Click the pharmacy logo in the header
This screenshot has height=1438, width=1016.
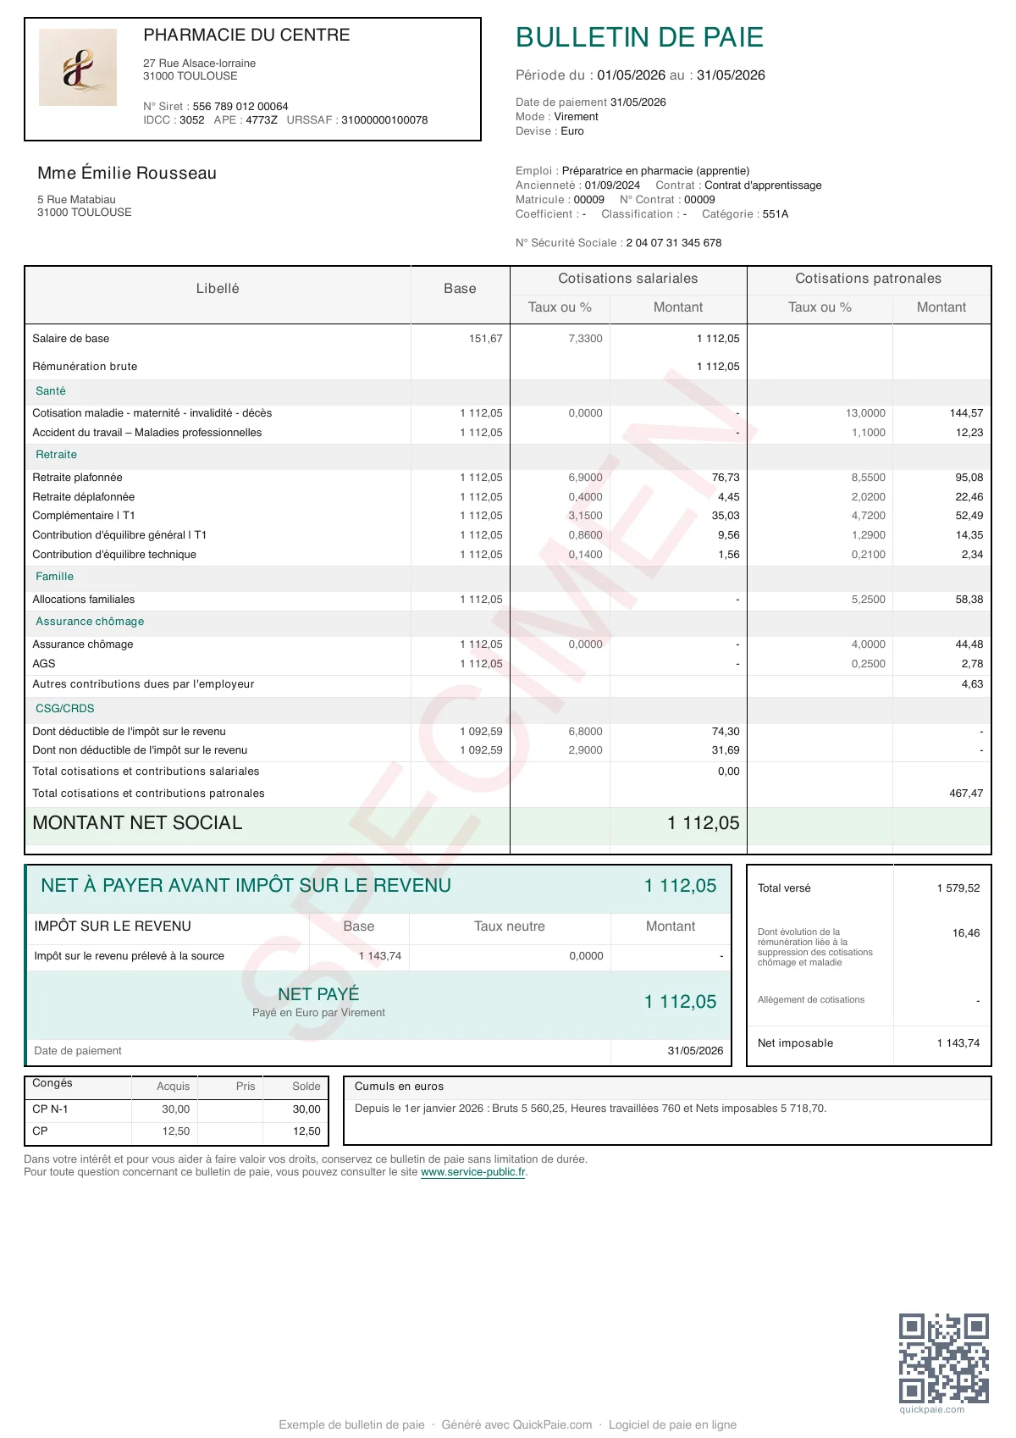click(78, 68)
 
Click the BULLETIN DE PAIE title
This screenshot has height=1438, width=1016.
click(639, 37)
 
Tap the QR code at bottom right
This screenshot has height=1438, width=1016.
click(943, 1358)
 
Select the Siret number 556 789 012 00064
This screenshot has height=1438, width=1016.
click(240, 107)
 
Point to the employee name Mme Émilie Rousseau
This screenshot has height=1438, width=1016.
click(127, 173)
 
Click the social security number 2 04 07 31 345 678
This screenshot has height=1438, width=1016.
click(674, 243)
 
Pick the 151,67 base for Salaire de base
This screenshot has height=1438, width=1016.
click(485, 339)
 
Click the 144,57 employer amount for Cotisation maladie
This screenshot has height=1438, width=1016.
click(966, 413)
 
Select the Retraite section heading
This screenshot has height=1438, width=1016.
click(56, 455)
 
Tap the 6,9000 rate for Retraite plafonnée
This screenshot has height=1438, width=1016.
click(585, 478)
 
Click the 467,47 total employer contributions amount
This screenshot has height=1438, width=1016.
click(966, 794)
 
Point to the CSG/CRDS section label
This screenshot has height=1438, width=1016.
click(65, 709)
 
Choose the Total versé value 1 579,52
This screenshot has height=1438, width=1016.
click(958, 888)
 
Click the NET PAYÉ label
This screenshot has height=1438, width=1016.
click(318, 994)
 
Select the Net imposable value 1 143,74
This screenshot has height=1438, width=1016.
click(958, 1043)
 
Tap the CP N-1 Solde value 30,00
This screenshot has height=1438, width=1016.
click(306, 1109)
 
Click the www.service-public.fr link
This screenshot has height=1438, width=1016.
click(473, 1173)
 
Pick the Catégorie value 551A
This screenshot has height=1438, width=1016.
click(775, 214)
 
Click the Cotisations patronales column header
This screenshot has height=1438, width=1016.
click(868, 279)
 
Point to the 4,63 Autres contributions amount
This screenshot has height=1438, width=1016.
click(972, 684)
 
